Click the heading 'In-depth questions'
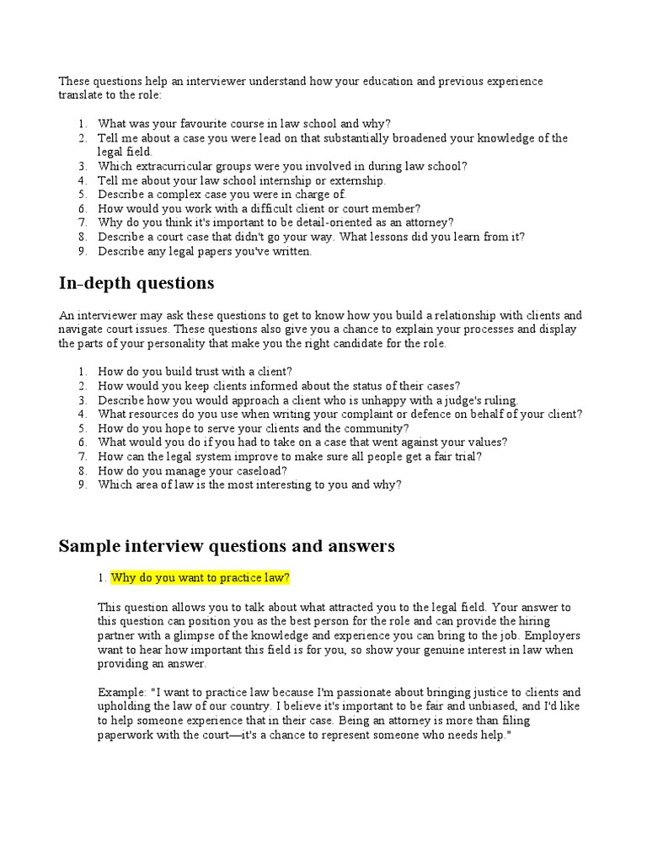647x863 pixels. coord(136,283)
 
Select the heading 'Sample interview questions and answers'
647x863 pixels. coord(226,546)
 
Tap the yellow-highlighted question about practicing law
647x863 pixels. coord(201,578)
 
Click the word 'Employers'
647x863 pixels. coord(550,635)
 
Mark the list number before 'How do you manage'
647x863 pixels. coord(83,471)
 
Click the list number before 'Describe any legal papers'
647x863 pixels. coord(83,252)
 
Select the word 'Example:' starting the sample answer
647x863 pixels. coord(120,693)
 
